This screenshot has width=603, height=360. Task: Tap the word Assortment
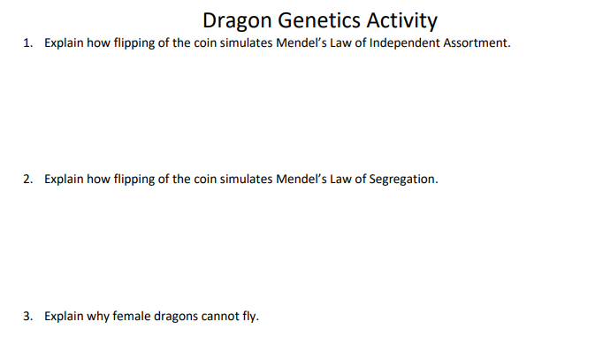(479, 42)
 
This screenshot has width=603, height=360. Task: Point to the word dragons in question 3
(173, 316)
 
